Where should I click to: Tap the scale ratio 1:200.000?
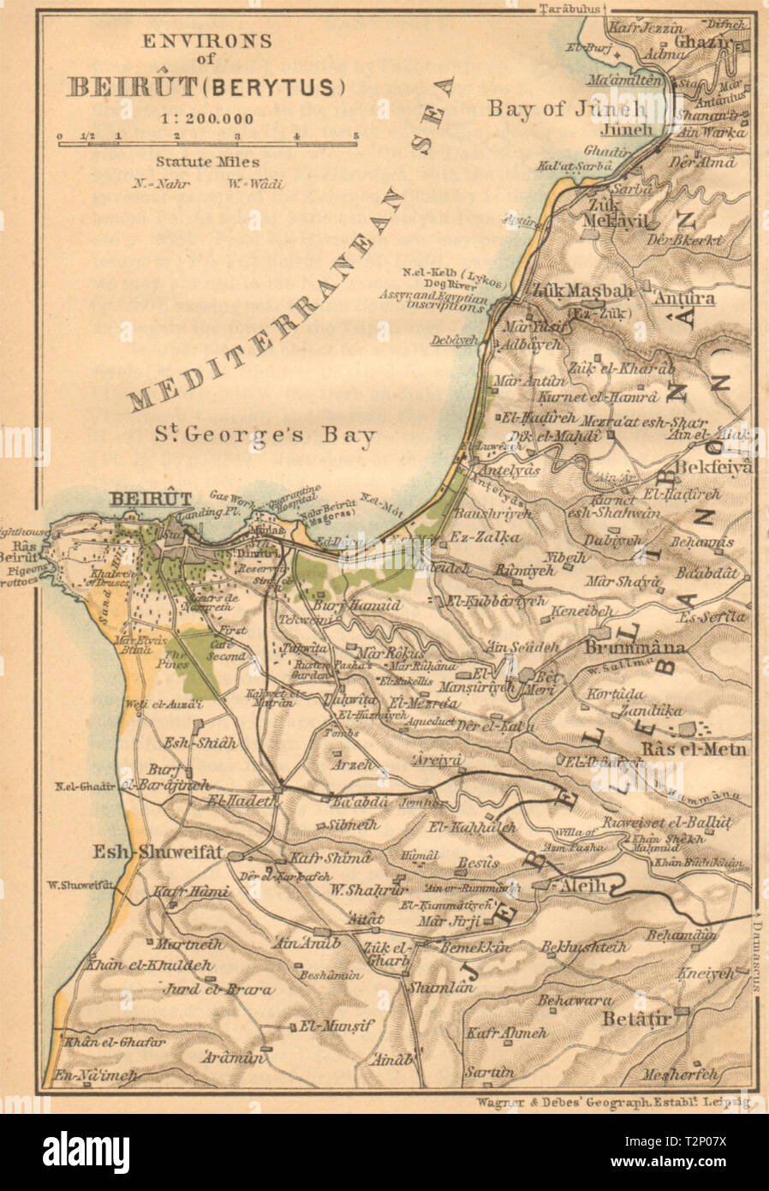click(206, 119)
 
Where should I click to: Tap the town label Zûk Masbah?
click(582, 290)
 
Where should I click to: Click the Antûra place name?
click(683, 299)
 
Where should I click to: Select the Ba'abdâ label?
click(360, 803)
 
